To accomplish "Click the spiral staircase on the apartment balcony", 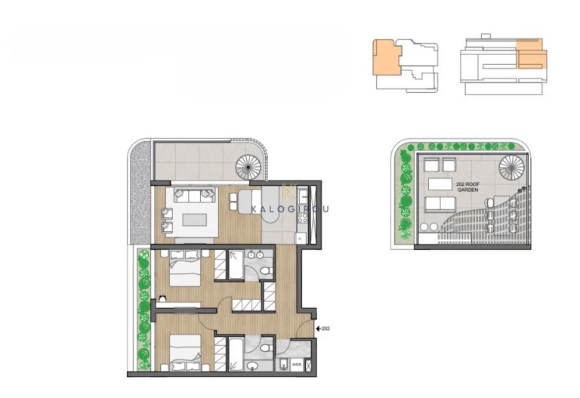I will pos(247,164).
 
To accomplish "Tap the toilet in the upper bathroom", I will pos(266,271).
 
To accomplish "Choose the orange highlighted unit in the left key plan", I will pos(387,60).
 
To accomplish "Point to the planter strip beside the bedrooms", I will pos(142,310).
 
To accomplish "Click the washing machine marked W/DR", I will pos(296,365).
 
